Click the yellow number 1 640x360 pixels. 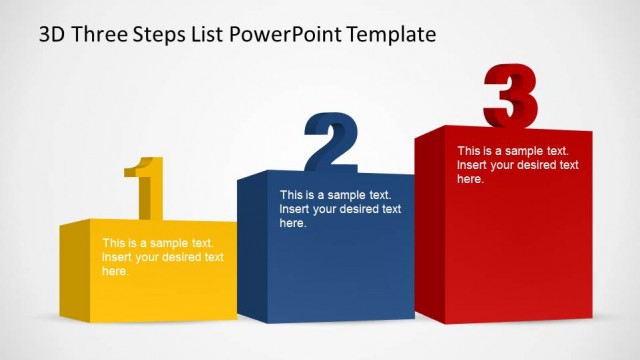point(146,187)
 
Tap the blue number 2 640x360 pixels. point(331,142)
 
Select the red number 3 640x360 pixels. point(510,95)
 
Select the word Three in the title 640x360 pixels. point(98,35)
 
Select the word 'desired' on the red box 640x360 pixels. point(537,165)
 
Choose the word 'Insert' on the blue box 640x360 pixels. point(295,209)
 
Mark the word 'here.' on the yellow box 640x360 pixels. point(115,271)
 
